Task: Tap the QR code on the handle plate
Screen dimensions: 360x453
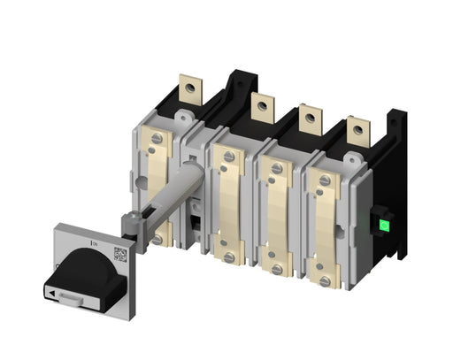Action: pyautogui.click(x=120, y=257)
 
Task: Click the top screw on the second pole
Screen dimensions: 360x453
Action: pyautogui.click(x=229, y=157)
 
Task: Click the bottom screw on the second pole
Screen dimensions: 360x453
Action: pyautogui.click(x=229, y=257)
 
